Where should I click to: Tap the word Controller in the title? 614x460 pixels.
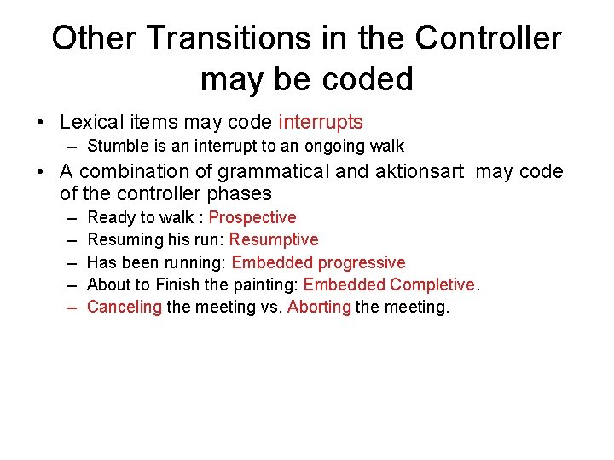(489, 38)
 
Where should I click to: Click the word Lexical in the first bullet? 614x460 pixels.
(93, 123)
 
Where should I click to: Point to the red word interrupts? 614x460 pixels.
(321, 123)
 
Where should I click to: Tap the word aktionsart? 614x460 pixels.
(418, 172)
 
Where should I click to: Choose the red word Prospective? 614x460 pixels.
(252, 218)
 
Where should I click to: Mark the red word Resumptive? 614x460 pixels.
(274, 240)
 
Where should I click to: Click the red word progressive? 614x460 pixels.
(362, 262)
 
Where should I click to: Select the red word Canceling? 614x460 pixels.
(125, 307)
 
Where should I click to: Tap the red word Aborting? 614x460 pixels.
(319, 307)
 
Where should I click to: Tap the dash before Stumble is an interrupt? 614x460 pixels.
(72, 146)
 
